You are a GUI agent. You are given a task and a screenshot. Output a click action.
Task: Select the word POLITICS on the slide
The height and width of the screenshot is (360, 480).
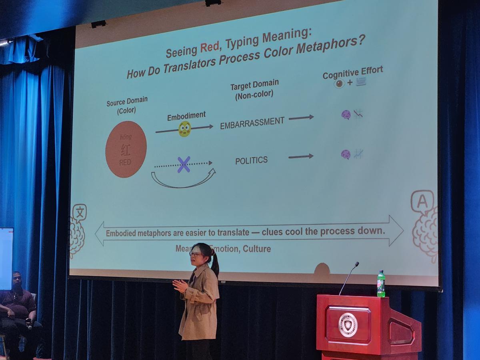(251, 160)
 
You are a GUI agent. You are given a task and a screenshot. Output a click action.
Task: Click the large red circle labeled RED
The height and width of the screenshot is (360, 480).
(126, 149)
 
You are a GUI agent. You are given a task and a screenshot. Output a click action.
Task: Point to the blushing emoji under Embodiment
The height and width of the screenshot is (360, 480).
(184, 129)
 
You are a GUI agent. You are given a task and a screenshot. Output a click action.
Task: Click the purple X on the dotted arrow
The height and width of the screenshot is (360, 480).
(184, 164)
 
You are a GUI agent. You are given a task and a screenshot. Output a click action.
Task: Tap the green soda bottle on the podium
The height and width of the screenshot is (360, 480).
(381, 284)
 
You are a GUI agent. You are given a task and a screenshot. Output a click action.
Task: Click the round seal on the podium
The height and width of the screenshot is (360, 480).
(348, 325)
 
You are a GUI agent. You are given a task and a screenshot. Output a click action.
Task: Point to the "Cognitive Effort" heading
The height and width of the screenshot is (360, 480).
(353, 72)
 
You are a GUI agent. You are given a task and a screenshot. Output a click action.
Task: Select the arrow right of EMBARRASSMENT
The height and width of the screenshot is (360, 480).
(301, 118)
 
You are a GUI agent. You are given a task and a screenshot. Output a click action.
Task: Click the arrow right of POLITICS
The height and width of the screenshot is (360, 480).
(301, 156)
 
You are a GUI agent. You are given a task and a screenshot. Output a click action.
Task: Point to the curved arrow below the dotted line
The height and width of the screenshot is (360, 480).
(183, 181)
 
